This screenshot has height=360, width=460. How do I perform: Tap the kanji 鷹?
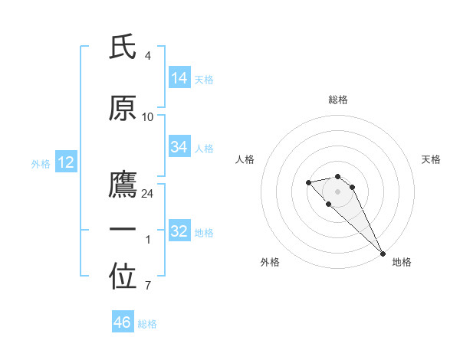tap(123, 186)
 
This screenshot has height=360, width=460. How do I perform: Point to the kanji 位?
tap(123, 277)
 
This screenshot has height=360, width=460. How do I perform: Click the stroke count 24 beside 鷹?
tap(148, 193)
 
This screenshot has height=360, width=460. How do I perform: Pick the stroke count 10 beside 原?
tap(148, 116)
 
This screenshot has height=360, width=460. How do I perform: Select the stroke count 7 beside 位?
tap(148, 286)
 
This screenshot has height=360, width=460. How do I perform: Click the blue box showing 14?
tap(179, 78)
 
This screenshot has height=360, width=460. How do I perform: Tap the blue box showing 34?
tap(179, 147)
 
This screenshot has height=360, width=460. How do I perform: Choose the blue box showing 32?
tap(179, 231)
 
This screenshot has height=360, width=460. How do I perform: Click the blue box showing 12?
tap(66, 162)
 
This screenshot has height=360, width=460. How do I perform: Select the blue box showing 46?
tap(123, 322)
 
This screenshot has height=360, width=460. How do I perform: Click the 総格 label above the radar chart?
tap(337, 100)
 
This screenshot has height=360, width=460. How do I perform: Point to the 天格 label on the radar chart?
tap(431, 159)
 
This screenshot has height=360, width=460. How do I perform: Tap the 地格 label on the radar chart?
tap(402, 262)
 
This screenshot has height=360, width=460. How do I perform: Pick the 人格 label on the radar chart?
tap(245, 159)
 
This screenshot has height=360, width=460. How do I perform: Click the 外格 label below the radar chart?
tap(270, 262)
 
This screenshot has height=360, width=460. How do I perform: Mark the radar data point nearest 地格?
tap(383, 254)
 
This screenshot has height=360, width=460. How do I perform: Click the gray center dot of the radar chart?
tap(337, 191)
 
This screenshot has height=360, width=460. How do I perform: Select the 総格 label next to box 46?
tap(147, 323)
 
